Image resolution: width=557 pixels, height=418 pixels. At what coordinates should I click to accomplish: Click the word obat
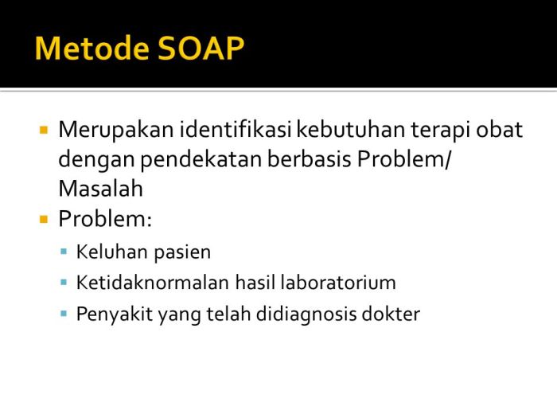pyautogui.click(x=501, y=129)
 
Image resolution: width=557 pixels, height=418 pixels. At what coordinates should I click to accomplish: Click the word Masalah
pyautogui.click(x=100, y=189)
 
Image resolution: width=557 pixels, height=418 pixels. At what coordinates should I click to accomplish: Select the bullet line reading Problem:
pyautogui.click(x=104, y=219)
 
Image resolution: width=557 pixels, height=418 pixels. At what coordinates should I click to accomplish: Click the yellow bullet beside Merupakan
pyautogui.click(x=44, y=129)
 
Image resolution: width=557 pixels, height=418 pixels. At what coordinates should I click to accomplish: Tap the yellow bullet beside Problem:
pyautogui.click(x=44, y=218)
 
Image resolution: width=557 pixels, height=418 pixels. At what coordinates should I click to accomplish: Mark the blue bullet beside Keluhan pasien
pyautogui.click(x=64, y=252)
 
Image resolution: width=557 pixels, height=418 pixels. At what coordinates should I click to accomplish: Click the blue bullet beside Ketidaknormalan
pyautogui.click(x=64, y=282)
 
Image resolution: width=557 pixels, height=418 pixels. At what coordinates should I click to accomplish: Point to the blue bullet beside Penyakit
pyautogui.click(x=64, y=313)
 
